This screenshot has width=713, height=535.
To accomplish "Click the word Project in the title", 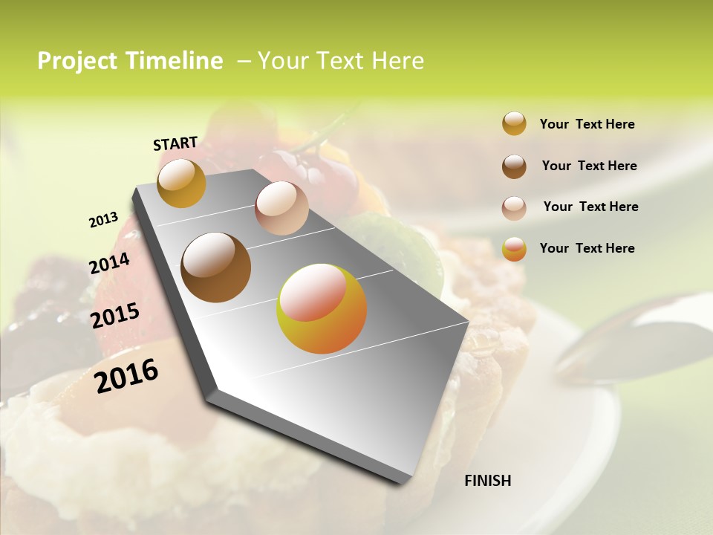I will [76, 61].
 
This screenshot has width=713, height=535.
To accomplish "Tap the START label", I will [175, 143].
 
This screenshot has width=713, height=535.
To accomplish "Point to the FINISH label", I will [487, 481].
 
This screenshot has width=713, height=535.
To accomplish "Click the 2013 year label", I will [104, 220].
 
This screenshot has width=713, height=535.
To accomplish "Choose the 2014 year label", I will [110, 263].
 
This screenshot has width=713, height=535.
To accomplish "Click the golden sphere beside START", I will [182, 183].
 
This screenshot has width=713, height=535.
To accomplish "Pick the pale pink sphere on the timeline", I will [281, 207].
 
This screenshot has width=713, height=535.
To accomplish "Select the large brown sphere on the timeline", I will [215, 267].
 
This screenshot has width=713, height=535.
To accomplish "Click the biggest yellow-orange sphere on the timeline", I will [322, 308].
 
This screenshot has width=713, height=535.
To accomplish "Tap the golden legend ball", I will [514, 123].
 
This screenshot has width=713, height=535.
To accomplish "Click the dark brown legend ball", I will [514, 166].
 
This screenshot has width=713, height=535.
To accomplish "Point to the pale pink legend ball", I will [514, 208].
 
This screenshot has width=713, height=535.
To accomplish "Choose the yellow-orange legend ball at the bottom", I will [514, 249].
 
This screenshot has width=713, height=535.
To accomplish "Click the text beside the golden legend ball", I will [587, 124].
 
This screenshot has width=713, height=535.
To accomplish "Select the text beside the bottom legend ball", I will [587, 248].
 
